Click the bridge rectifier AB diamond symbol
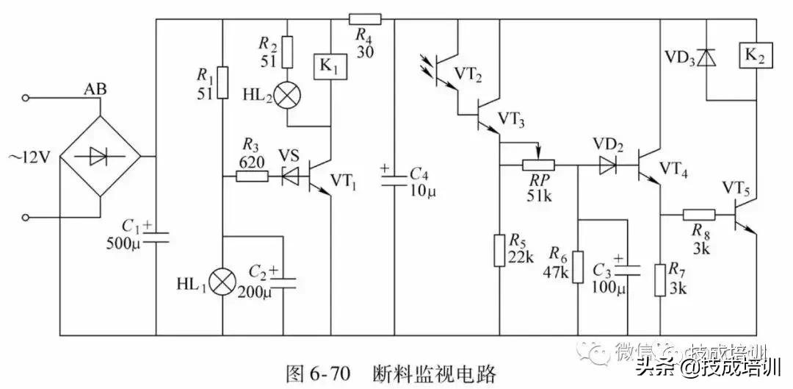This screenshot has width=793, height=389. pyautogui.click(x=100, y=157)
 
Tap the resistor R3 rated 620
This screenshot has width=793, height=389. pyautogui.click(x=251, y=176)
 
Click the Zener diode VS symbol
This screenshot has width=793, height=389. pyautogui.click(x=291, y=176)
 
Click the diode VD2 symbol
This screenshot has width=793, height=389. pyautogui.click(x=607, y=165)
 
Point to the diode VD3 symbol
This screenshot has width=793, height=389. pyautogui.click(x=706, y=57)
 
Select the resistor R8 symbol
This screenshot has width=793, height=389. pyautogui.click(x=698, y=215)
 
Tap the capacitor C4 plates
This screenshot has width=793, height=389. pyautogui.click(x=394, y=179)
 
